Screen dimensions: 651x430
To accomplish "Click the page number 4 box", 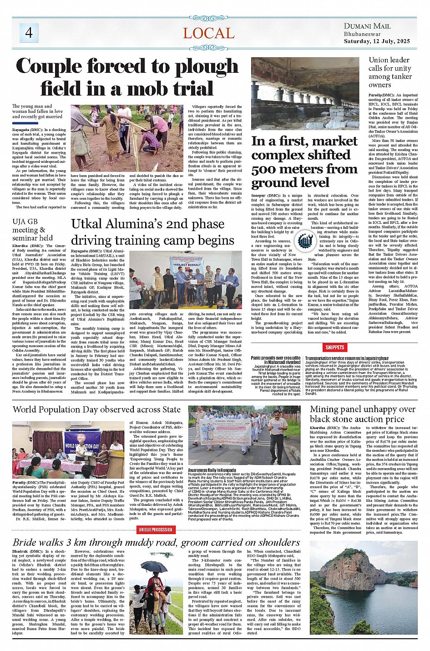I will point(29,32).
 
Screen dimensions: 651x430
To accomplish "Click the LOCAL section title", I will point(208,33).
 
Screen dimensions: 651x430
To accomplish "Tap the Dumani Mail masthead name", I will point(367,26).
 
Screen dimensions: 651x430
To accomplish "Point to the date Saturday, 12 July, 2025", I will point(377,41).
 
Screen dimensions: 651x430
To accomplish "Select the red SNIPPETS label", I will point(334,347).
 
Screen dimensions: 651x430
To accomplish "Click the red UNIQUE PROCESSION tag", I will point(156,530).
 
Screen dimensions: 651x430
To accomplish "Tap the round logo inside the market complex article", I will point(304,241).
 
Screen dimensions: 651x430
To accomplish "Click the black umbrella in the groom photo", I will point(154,566).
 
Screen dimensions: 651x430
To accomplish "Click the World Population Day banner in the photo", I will point(82,442).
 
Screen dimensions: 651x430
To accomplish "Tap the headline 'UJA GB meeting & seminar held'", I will point(32,229).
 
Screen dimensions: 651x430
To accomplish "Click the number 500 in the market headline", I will point(267,169).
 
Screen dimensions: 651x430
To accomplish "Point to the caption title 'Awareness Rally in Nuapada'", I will point(212,470).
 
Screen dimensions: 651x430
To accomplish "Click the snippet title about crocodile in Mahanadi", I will point(276,360).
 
